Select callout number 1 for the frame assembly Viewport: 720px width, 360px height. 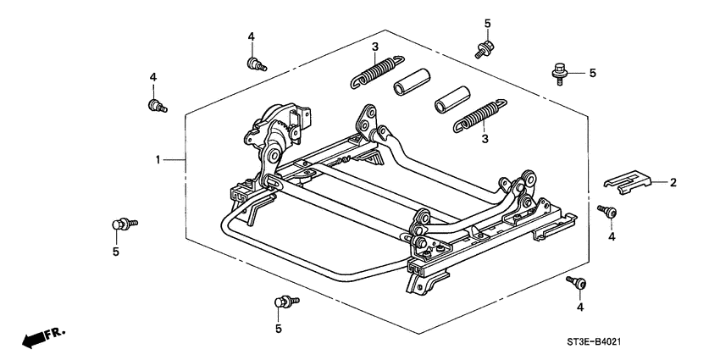coord(158,158)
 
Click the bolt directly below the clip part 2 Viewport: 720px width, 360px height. coord(606,211)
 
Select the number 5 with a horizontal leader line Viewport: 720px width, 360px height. coord(592,73)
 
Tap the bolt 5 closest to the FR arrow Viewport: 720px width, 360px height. coord(123,224)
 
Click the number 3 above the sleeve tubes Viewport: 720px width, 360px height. coord(374,45)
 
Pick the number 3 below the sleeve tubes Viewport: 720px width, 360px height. coord(485,137)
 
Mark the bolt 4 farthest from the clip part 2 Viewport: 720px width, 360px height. coord(156,105)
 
